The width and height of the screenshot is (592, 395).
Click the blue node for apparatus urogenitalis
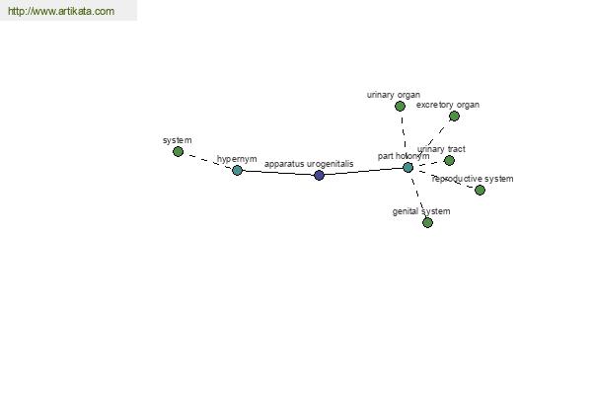(319, 175)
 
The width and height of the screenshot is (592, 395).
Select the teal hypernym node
(237, 170)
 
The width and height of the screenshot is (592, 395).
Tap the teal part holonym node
(407, 168)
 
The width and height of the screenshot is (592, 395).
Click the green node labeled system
(178, 151)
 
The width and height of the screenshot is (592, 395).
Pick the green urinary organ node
(400, 107)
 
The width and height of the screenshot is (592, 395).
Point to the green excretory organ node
(454, 117)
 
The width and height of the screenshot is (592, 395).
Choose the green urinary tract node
(449, 161)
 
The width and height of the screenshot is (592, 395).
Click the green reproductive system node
(480, 190)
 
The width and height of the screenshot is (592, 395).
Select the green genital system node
(427, 222)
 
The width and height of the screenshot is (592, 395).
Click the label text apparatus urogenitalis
(309, 164)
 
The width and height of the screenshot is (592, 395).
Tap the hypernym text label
(237, 159)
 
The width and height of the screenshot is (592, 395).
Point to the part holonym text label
(404, 156)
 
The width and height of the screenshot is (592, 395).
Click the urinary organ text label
(394, 95)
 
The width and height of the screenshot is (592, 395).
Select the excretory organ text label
(448, 105)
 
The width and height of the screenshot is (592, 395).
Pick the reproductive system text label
(473, 179)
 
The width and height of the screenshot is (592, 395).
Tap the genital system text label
(421, 211)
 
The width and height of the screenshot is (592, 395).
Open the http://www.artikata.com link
(61, 11)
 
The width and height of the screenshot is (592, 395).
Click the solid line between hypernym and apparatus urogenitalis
(278, 173)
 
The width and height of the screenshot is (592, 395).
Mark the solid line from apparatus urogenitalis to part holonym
(363, 171)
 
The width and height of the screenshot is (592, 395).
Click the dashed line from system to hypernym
(207, 161)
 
